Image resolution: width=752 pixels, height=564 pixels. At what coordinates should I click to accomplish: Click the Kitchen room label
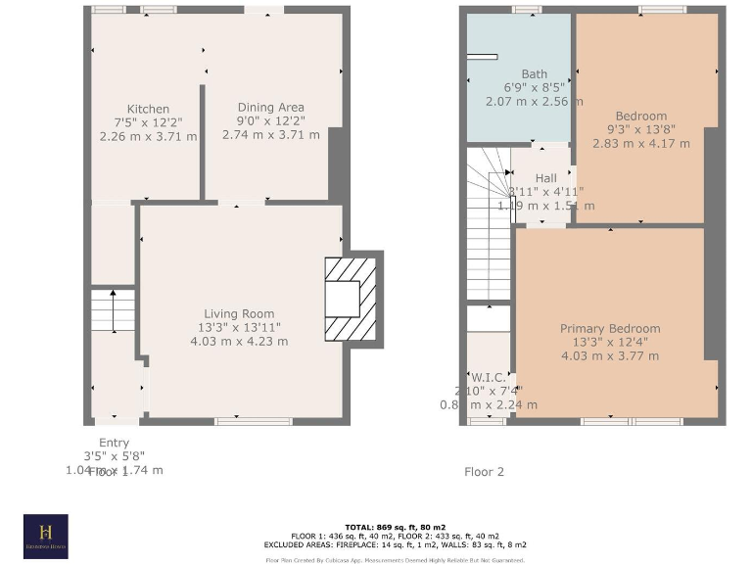point(148,109)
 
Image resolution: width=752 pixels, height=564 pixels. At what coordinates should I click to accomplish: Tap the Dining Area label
point(270,108)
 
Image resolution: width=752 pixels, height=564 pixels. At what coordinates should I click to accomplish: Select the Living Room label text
point(239,313)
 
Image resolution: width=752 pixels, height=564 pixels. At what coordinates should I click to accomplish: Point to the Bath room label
point(534,74)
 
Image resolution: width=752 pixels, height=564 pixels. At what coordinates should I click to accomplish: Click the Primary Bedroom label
point(609,329)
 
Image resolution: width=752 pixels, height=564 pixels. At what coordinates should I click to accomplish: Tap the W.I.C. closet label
point(488,377)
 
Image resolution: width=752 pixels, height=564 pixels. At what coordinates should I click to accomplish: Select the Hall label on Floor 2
point(545,177)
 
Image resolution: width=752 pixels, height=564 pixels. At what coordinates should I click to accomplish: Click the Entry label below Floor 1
point(114,443)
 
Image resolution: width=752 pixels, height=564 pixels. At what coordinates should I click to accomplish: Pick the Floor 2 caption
point(484,471)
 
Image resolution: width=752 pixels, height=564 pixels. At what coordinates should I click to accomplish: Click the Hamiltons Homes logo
point(46,536)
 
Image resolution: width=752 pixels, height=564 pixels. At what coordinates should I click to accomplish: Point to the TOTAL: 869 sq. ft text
point(381,528)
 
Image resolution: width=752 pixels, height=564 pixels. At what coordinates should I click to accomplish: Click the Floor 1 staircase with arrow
point(113,311)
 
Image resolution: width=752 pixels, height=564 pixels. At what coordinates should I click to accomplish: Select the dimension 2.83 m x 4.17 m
point(640,143)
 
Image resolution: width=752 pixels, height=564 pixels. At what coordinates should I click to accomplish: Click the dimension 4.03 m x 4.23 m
point(239,341)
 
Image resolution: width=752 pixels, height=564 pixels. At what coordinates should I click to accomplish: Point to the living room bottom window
point(240,421)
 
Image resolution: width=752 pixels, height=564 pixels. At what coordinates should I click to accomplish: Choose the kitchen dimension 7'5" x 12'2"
point(148,122)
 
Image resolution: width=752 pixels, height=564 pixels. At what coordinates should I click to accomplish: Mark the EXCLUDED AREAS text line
point(381,544)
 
